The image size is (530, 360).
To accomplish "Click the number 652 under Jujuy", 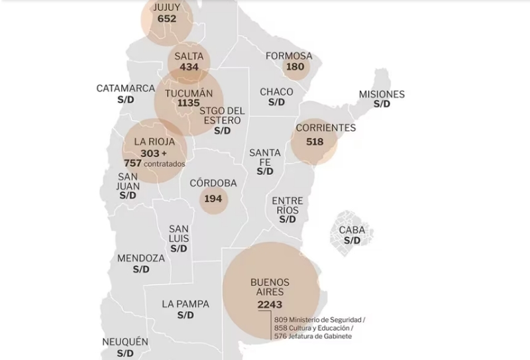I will click(x=167, y=19).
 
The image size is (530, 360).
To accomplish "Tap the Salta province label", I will click(x=189, y=56).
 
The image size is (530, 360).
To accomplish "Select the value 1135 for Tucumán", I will click(x=189, y=103).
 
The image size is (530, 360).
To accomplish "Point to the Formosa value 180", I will click(x=294, y=67).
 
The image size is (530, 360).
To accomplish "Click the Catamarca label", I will click(x=126, y=88).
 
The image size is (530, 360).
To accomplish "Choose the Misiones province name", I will click(x=382, y=94).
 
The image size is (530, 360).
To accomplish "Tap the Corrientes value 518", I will click(x=315, y=141).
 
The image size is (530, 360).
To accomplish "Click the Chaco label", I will click(x=276, y=92).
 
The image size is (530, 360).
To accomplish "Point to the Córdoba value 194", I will click(x=213, y=199).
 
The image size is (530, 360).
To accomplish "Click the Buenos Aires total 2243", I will click(x=270, y=304).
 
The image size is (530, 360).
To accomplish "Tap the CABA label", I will click(x=352, y=230).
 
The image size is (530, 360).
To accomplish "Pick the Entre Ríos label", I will click(x=288, y=206).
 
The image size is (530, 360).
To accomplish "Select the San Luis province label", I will click(x=179, y=233).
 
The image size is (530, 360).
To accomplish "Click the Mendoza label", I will click(x=141, y=258).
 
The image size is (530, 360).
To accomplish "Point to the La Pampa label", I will click(x=185, y=304).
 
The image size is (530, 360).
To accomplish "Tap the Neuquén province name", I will click(x=125, y=342).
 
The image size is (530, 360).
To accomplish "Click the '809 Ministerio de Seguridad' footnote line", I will click(x=320, y=320).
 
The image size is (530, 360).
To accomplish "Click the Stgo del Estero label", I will click(x=222, y=115).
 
